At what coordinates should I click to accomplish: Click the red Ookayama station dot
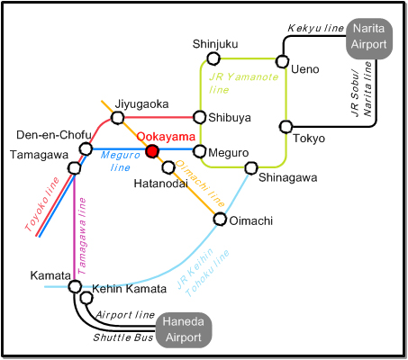tap(152, 151)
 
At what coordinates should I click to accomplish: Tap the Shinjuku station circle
tap(213, 58)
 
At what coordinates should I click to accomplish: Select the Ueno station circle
tap(282, 61)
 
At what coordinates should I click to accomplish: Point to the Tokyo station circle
tap(286, 127)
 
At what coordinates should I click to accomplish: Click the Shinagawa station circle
tap(251, 168)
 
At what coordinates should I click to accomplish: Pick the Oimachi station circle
tap(220, 219)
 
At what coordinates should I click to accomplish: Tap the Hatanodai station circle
tap(168, 167)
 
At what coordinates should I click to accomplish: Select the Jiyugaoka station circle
tap(117, 117)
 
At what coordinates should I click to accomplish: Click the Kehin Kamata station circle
tap(86, 298)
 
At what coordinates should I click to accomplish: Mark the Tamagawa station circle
tap(74, 167)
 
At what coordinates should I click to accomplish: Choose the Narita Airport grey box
tap(369, 39)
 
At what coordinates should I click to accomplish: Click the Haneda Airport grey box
tap(184, 330)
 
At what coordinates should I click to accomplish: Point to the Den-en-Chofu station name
tap(54, 135)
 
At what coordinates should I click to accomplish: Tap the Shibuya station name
tap(230, 118)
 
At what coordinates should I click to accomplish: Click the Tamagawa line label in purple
tap(82, 236)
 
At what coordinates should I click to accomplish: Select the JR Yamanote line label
tap(244, 83)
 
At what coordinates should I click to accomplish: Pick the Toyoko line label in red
tap(42, 204)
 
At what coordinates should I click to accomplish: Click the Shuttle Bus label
tap(123, 337)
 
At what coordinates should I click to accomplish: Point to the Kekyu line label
tap(315, 28)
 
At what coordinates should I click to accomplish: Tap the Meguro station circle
tap(199, 151)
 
